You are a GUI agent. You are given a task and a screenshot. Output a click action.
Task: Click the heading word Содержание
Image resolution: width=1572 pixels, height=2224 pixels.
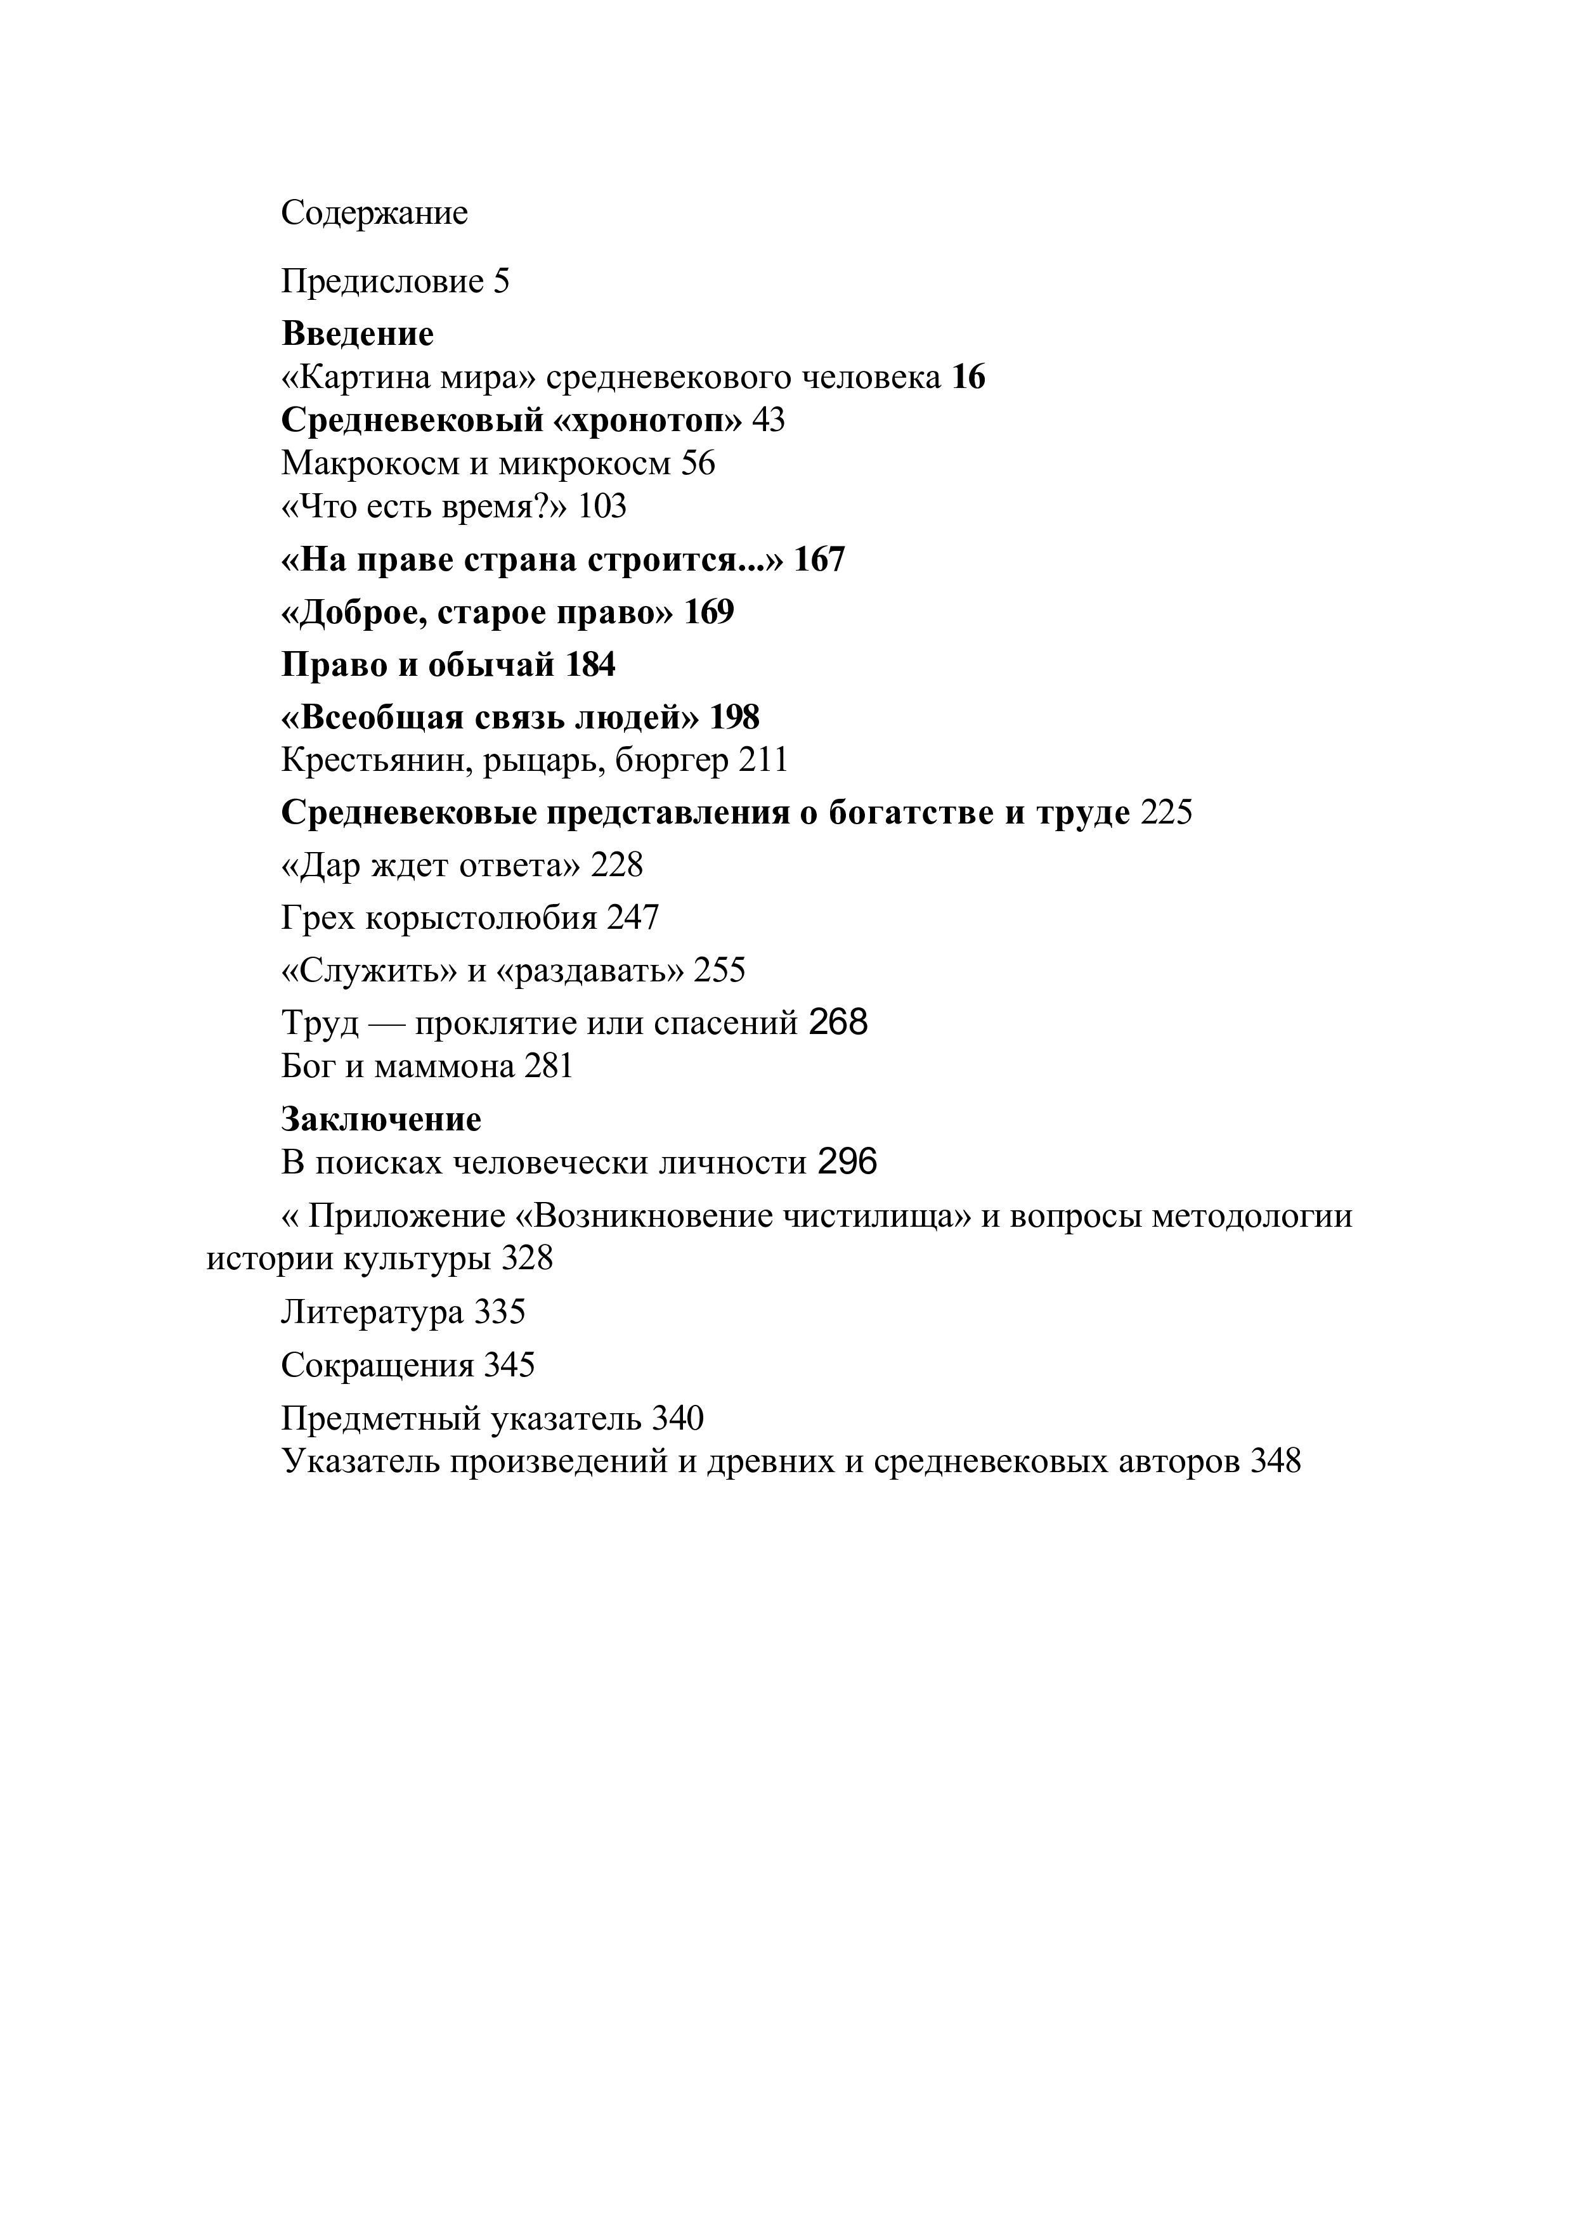pyautogui.click(x=374, y=213)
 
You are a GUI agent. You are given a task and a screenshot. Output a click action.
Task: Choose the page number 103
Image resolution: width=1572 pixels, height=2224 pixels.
pyautogui.click(x=602, y=507)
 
